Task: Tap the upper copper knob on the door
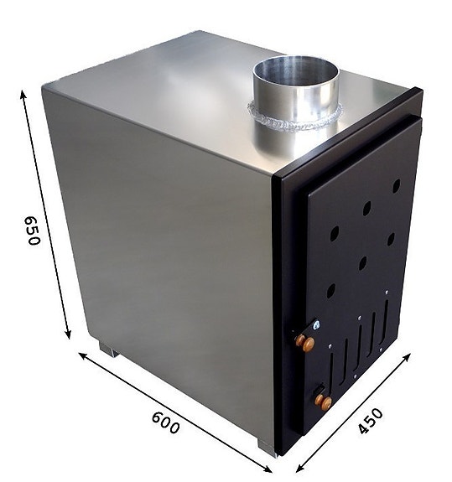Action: (307, 344)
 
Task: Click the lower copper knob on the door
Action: (325, 403)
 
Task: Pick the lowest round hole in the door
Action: (330, 291)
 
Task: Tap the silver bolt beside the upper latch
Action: (315, 326)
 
